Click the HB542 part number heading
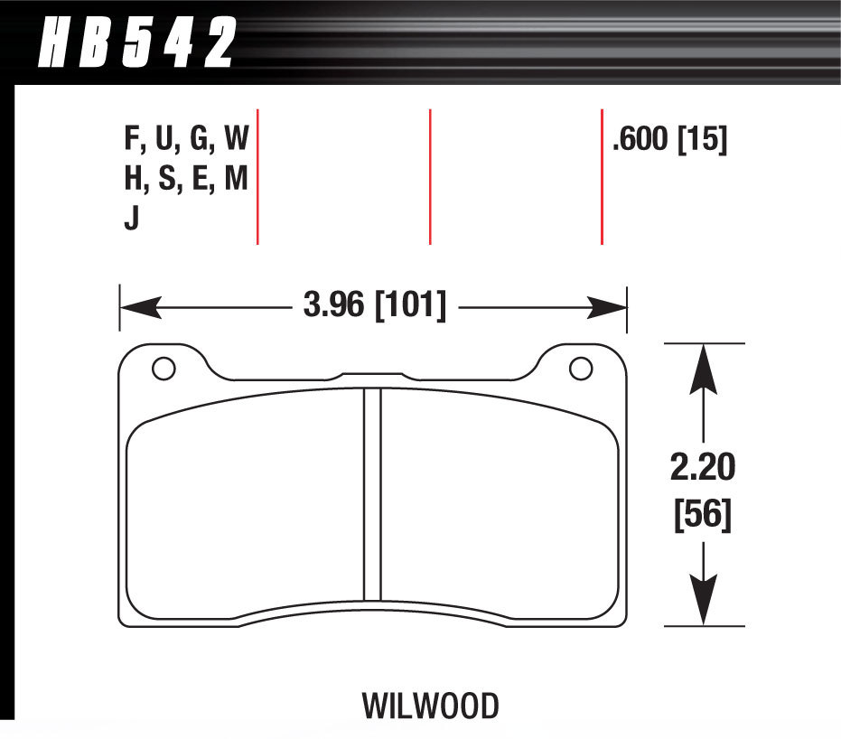135,43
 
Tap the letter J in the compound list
132,219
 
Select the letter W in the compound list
236,140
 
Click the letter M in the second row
236,180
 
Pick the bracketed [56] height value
703,517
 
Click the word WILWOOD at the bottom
430,704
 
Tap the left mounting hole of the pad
164,369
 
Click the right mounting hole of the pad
580,369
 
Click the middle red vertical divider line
430,176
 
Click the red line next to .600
602,176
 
